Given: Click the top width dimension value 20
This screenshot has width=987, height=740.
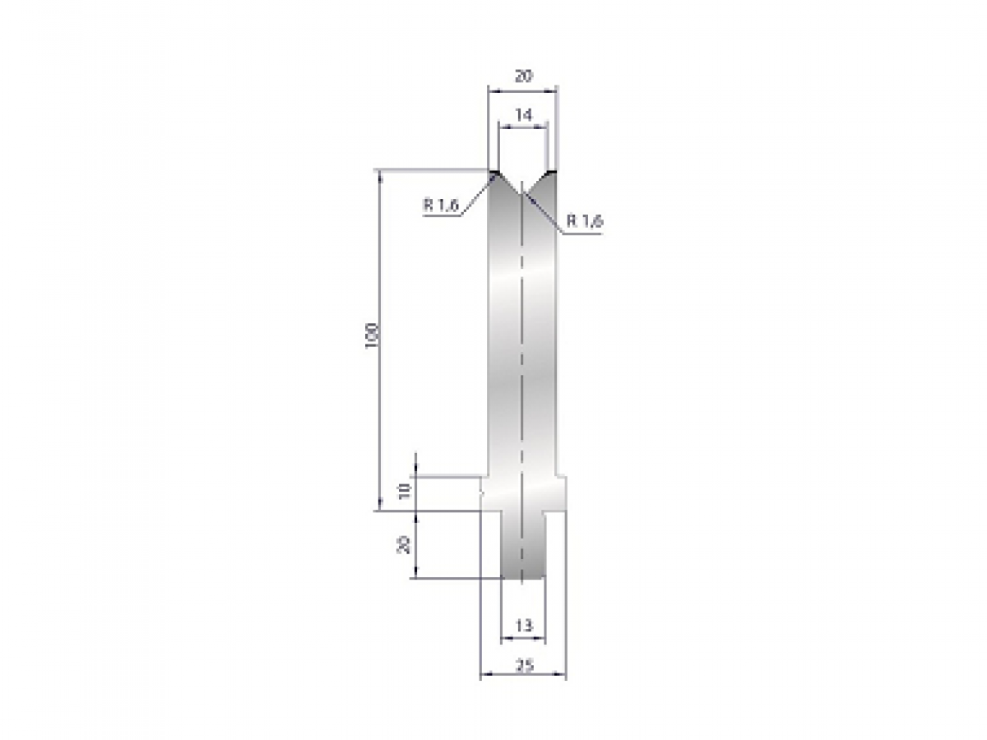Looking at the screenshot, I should coord(523,76).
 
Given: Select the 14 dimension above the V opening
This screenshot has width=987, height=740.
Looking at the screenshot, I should coord(523,116).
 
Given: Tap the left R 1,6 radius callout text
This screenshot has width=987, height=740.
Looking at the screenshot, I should coord(441,206).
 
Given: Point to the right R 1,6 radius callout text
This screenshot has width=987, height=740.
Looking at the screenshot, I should coord(586,220).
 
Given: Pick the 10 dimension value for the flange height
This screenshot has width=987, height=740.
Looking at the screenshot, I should coord(404,492).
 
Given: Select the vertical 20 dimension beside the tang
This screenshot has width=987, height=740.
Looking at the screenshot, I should coord(404,544).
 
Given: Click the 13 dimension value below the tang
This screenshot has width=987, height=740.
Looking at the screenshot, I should coord(523,626).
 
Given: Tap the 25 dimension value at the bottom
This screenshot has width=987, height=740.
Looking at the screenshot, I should coord(523,666).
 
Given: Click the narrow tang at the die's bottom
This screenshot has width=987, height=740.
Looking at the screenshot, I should coord(523,547).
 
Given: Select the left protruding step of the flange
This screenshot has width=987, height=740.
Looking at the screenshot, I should coord(485,493).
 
